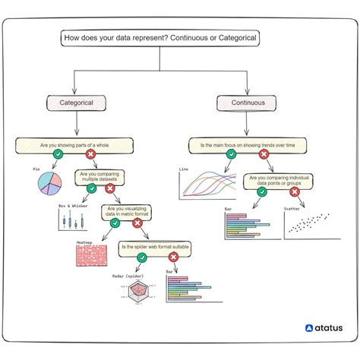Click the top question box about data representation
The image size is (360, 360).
161,38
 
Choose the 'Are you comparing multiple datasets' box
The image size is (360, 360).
99,177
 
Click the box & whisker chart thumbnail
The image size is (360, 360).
71,220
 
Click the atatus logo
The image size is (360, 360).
324,328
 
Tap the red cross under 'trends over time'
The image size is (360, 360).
264,155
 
